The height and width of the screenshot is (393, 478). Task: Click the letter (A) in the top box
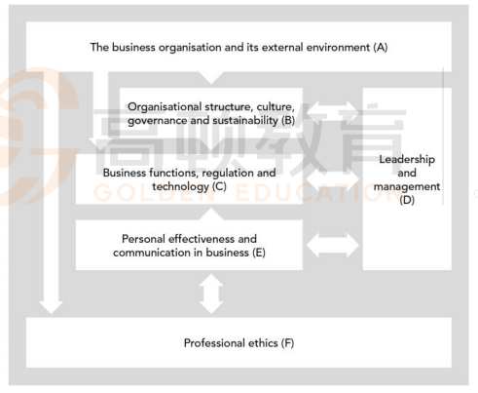[381, 48]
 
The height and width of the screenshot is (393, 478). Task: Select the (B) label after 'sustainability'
[288, 121]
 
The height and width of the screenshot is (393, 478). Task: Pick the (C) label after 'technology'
[219, 186]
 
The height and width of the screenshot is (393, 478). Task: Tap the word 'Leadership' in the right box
[407, 160]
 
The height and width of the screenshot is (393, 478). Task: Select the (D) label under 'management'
[407, 200]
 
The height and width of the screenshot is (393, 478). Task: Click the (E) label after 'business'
[259, 253]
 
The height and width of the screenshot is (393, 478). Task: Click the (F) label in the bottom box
[287, 343]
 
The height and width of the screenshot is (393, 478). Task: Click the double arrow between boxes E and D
[333, 246]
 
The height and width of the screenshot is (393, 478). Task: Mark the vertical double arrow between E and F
[211, 294]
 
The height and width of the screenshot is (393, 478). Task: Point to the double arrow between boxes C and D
[333, 179]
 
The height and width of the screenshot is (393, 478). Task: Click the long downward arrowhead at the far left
[51, 307]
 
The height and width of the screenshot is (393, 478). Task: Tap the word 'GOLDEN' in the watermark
[154, 193]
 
